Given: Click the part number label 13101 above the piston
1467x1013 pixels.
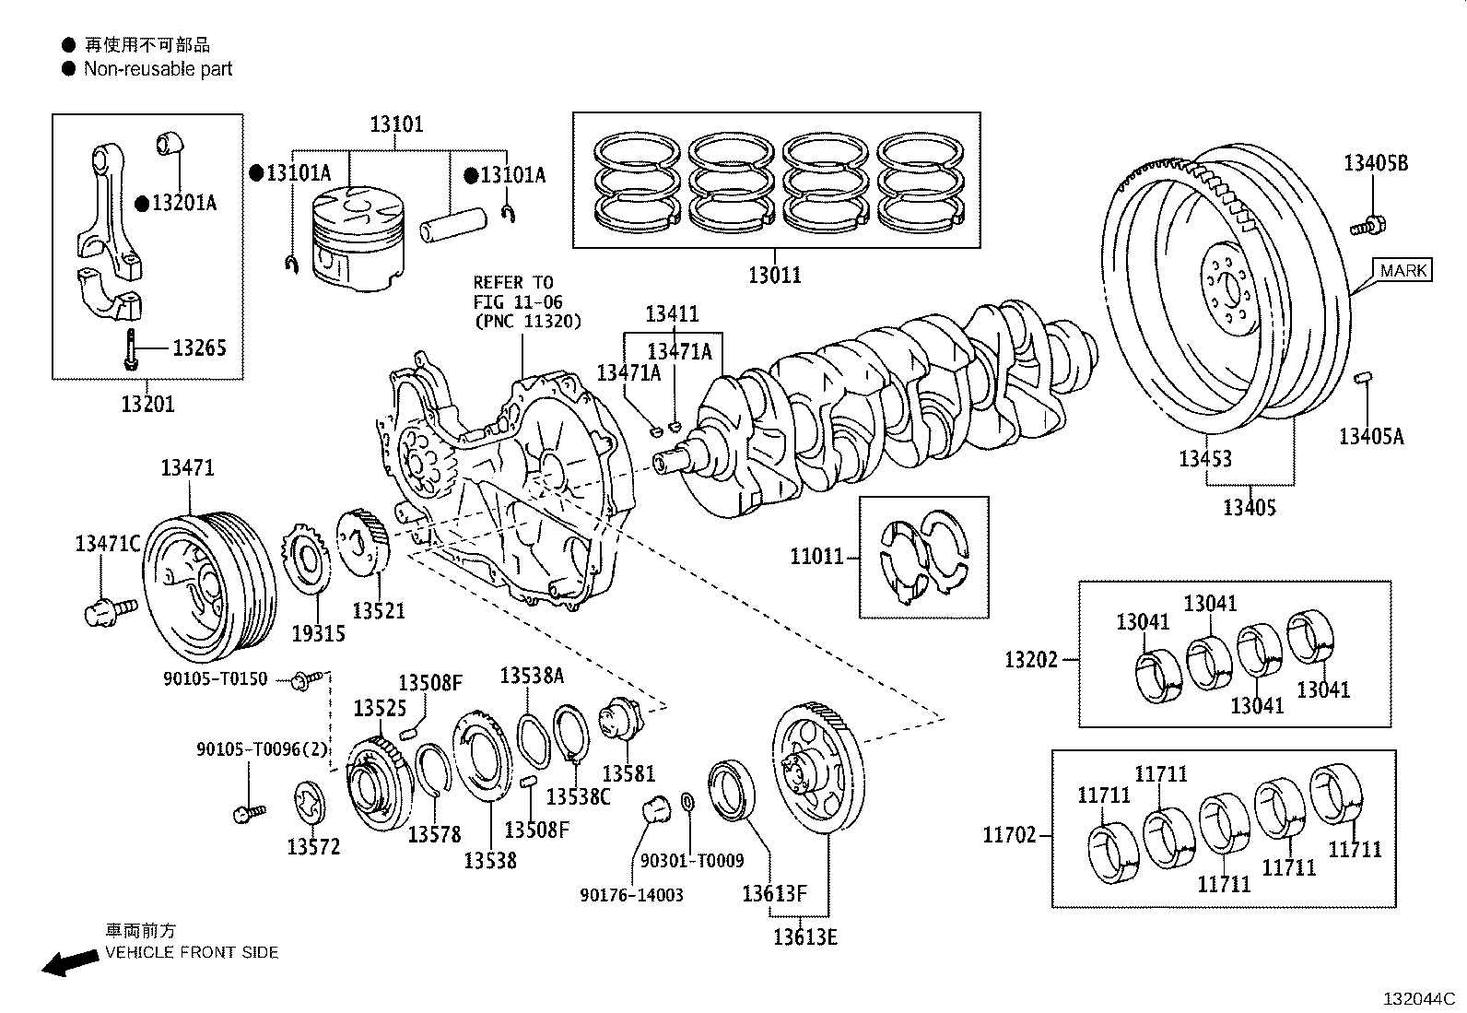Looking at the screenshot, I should (x=396, y=124).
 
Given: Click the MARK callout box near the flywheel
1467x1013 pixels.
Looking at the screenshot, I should (x=1403, y=270).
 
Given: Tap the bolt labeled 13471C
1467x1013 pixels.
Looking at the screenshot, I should (x=109, y=608).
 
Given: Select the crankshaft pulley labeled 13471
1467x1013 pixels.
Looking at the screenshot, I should (x=210, y=583).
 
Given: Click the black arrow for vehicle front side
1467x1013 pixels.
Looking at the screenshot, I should (x=70, y=962).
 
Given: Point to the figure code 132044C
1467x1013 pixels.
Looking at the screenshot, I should (x=1416, y=998).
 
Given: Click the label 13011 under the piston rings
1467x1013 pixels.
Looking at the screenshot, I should (x=774, y=275).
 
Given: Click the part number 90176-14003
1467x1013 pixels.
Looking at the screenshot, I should (x=631, y=895).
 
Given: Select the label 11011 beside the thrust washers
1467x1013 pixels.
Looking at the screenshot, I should (x=816, y=557).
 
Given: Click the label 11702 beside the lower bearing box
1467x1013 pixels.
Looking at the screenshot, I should (x=1010, y=835).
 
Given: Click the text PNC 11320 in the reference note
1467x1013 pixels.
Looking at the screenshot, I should (x=526, y=322).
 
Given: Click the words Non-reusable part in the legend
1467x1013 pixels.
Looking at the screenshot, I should (x=158, y=69).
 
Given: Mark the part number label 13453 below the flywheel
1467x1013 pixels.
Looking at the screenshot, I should (x=1204, y=458).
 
